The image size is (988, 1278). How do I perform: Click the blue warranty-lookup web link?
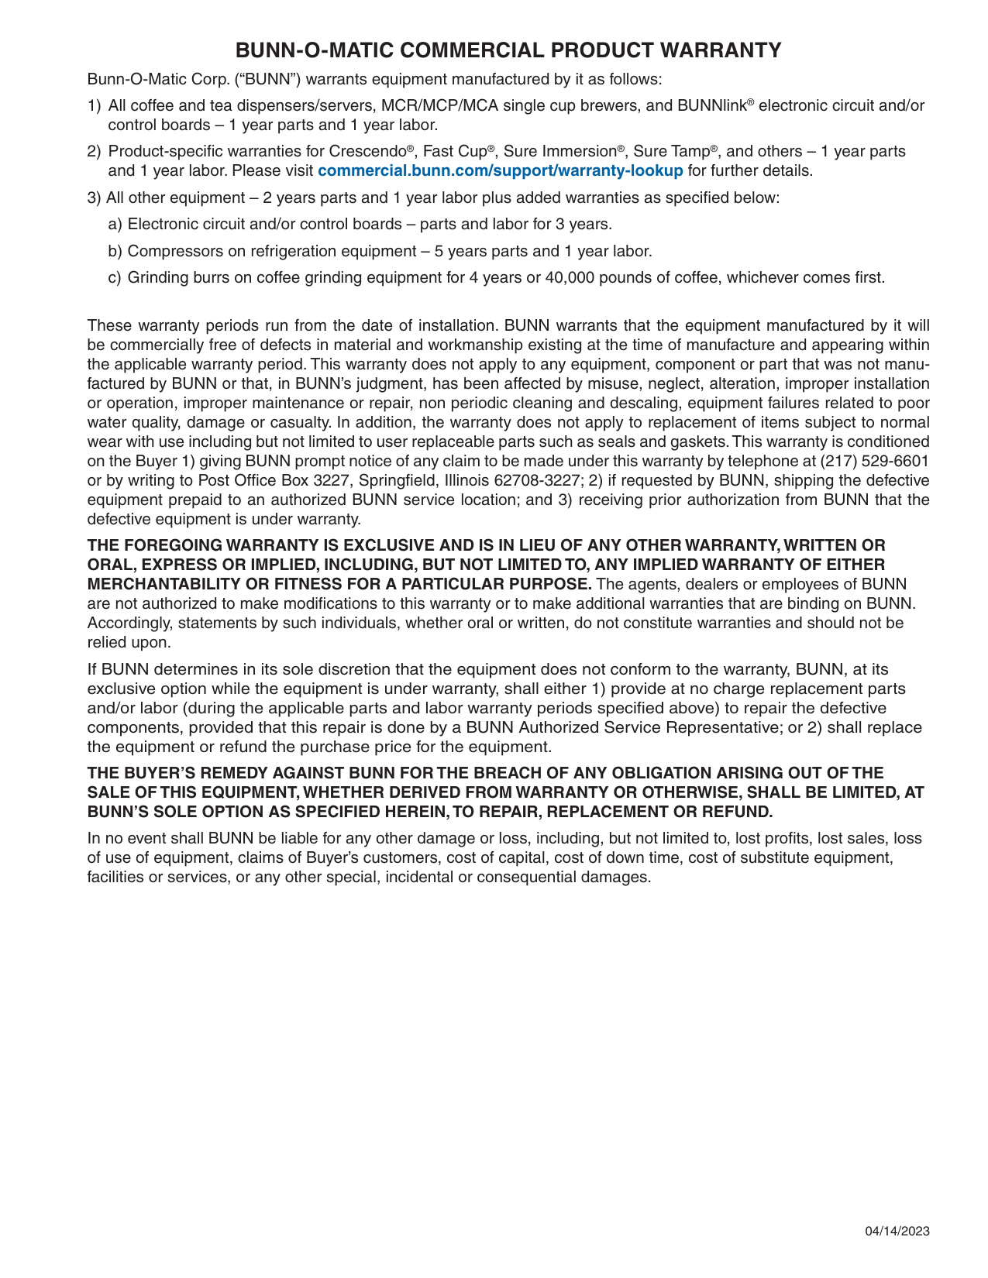(x=501, y=170)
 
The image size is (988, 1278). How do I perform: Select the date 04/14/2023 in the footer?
(x=897, y=1232)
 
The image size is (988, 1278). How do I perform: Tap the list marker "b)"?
(x=115, y=251)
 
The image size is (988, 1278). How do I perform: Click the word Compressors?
(x=170, y=251)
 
